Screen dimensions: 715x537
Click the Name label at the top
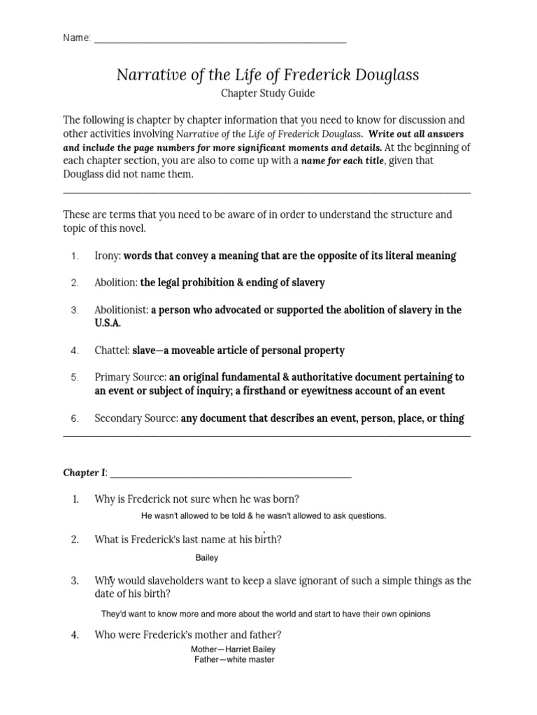(76, 38)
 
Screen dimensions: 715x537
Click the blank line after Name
(220, 40)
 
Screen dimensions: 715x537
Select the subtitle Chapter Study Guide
(268, 93)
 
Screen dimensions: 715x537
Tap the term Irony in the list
(107, 256)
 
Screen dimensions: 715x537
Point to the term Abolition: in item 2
(116, 283)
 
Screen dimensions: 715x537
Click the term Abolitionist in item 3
(121, 310)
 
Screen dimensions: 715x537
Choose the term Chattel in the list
(112, 351)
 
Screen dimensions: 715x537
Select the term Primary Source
(130, 378)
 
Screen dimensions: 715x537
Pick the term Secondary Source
(136, 419)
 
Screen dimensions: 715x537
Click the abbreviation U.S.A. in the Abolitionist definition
(108, 324)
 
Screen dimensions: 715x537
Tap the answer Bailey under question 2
(208, 558)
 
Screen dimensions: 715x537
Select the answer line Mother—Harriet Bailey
(234, 649)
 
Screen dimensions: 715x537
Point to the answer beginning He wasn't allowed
(264, 516)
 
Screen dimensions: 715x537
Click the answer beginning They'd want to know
(266, 614)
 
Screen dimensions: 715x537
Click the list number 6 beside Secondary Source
(75, 419)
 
